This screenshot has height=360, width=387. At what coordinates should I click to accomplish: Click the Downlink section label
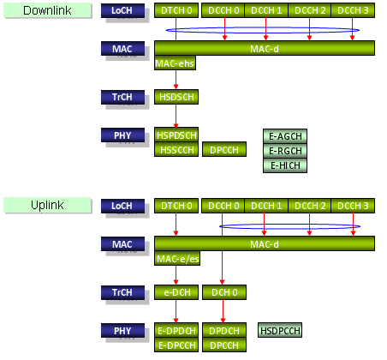pyautogui.click(x=47, y=10)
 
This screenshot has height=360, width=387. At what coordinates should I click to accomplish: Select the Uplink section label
pyautogui.click(x=47, y=205)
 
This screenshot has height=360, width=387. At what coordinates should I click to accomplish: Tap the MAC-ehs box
pyautogui.click(x=175, y=63)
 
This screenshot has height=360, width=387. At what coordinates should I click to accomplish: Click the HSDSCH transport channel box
pyautogui.click(x=176, y=97)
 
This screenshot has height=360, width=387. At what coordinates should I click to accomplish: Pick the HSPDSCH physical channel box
pyautogui.click(x=176, y=135)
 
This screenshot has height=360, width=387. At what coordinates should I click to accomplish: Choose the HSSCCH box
pyautogui.click(x=176, y=149)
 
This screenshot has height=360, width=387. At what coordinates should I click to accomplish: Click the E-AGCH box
pyautogui.click(x=285, y=136)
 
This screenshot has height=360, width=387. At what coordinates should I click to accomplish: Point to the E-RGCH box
pyautogui.click(x=285, y=151)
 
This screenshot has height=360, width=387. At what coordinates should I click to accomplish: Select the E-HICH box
pyautogui.click(x=285, y=165)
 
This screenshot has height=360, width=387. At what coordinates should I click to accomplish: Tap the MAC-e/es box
pyautogui.click(x=177, y=259)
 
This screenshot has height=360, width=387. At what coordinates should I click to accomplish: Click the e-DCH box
pyautogui.click(x=176, y=292)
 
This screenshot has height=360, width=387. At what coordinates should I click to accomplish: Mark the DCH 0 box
pyautogui.click(x=224, y=292)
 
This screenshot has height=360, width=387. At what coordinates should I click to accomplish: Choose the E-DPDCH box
pyautogui.click(x=176, y=331)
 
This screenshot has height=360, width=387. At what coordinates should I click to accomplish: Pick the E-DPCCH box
pyautogui.click(x=176, y=345)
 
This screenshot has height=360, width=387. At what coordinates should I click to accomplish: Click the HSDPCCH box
pyautogui.click(x=280, y=330)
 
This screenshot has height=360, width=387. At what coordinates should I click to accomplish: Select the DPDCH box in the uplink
pyautogui.click(x=224, y=331)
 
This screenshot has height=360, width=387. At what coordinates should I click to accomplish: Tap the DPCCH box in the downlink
pyautogui.click(x=224, y=149)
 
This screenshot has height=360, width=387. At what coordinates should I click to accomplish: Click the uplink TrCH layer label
pyautogui.click(x=122, y=292)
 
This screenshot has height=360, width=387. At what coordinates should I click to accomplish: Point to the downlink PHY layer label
pyautogui.click(x=122, y=135)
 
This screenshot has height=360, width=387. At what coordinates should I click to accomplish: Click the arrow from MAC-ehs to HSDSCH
pyautogui.click(x=176, y=80)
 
